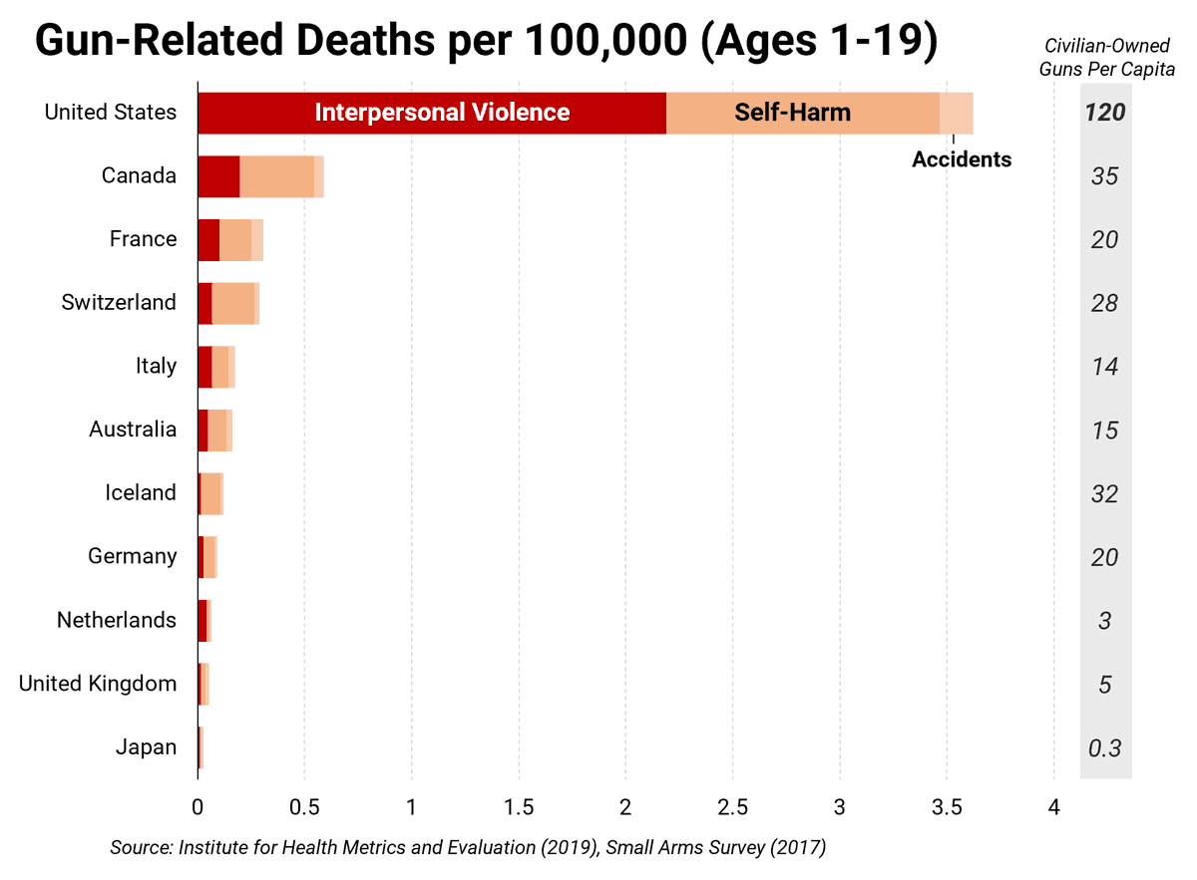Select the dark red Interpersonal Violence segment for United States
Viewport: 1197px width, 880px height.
pos(431,113)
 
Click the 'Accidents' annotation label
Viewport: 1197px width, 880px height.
pos(961,159)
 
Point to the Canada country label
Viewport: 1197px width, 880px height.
pos(139,176)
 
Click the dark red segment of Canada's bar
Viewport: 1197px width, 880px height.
pos(218,176)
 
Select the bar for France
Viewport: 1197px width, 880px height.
pos(230,240)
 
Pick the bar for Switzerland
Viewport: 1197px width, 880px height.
pos(228,303)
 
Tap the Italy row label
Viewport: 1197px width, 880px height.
pos(156,366)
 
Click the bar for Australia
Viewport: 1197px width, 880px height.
pos(214,430)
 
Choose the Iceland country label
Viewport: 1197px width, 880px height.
pos(141,492)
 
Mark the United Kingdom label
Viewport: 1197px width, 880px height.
pos(98,684)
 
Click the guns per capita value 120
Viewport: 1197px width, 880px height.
pos(1105,113)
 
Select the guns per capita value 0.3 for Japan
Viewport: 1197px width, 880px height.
pos(1105,747)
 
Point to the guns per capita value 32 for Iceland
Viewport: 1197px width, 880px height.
pos(1105,493)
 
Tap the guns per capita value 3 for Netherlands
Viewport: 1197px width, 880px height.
pos(1105,621)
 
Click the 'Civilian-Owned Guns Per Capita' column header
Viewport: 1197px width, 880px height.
pos(1106,58)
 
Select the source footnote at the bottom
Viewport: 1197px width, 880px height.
pos(468,848)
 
